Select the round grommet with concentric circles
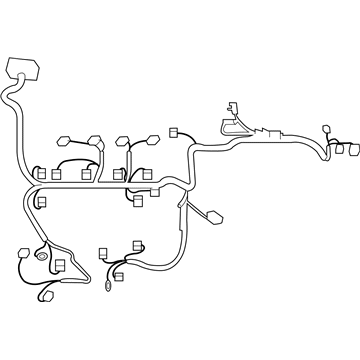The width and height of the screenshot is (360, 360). tap(43, 257)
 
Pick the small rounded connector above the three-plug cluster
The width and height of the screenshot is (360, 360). tap(328, 131)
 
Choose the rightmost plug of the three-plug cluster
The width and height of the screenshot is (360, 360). tap(354, 150)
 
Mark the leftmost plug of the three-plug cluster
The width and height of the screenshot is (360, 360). tap(331, 150)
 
